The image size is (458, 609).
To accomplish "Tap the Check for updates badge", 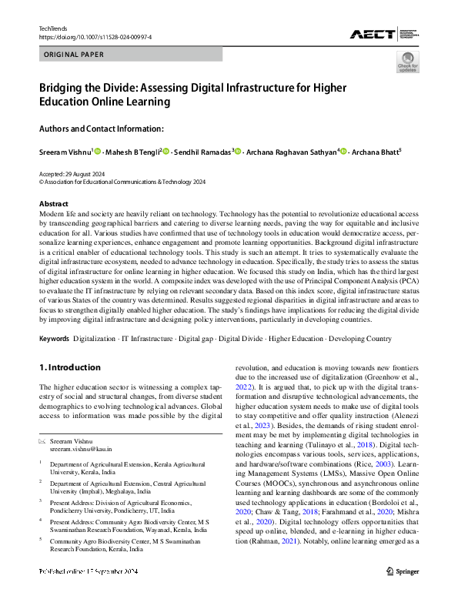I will click(x=407, y=62).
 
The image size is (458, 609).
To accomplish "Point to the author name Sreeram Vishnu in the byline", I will click(x=65, y=153).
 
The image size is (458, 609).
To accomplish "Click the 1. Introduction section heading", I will click(x=70, y=367).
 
